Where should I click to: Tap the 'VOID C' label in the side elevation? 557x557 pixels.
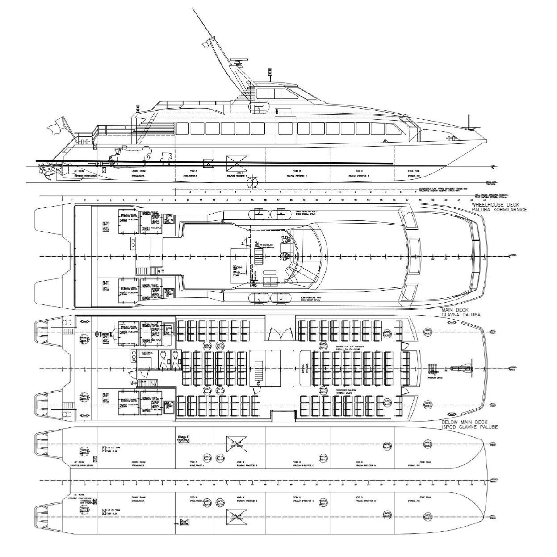pos(296,171)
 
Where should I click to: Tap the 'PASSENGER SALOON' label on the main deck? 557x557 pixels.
pos(346,390)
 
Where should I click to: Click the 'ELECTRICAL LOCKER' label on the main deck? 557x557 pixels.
pos(148,353)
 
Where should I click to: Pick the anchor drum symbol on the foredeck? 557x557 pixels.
pos(433,369)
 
